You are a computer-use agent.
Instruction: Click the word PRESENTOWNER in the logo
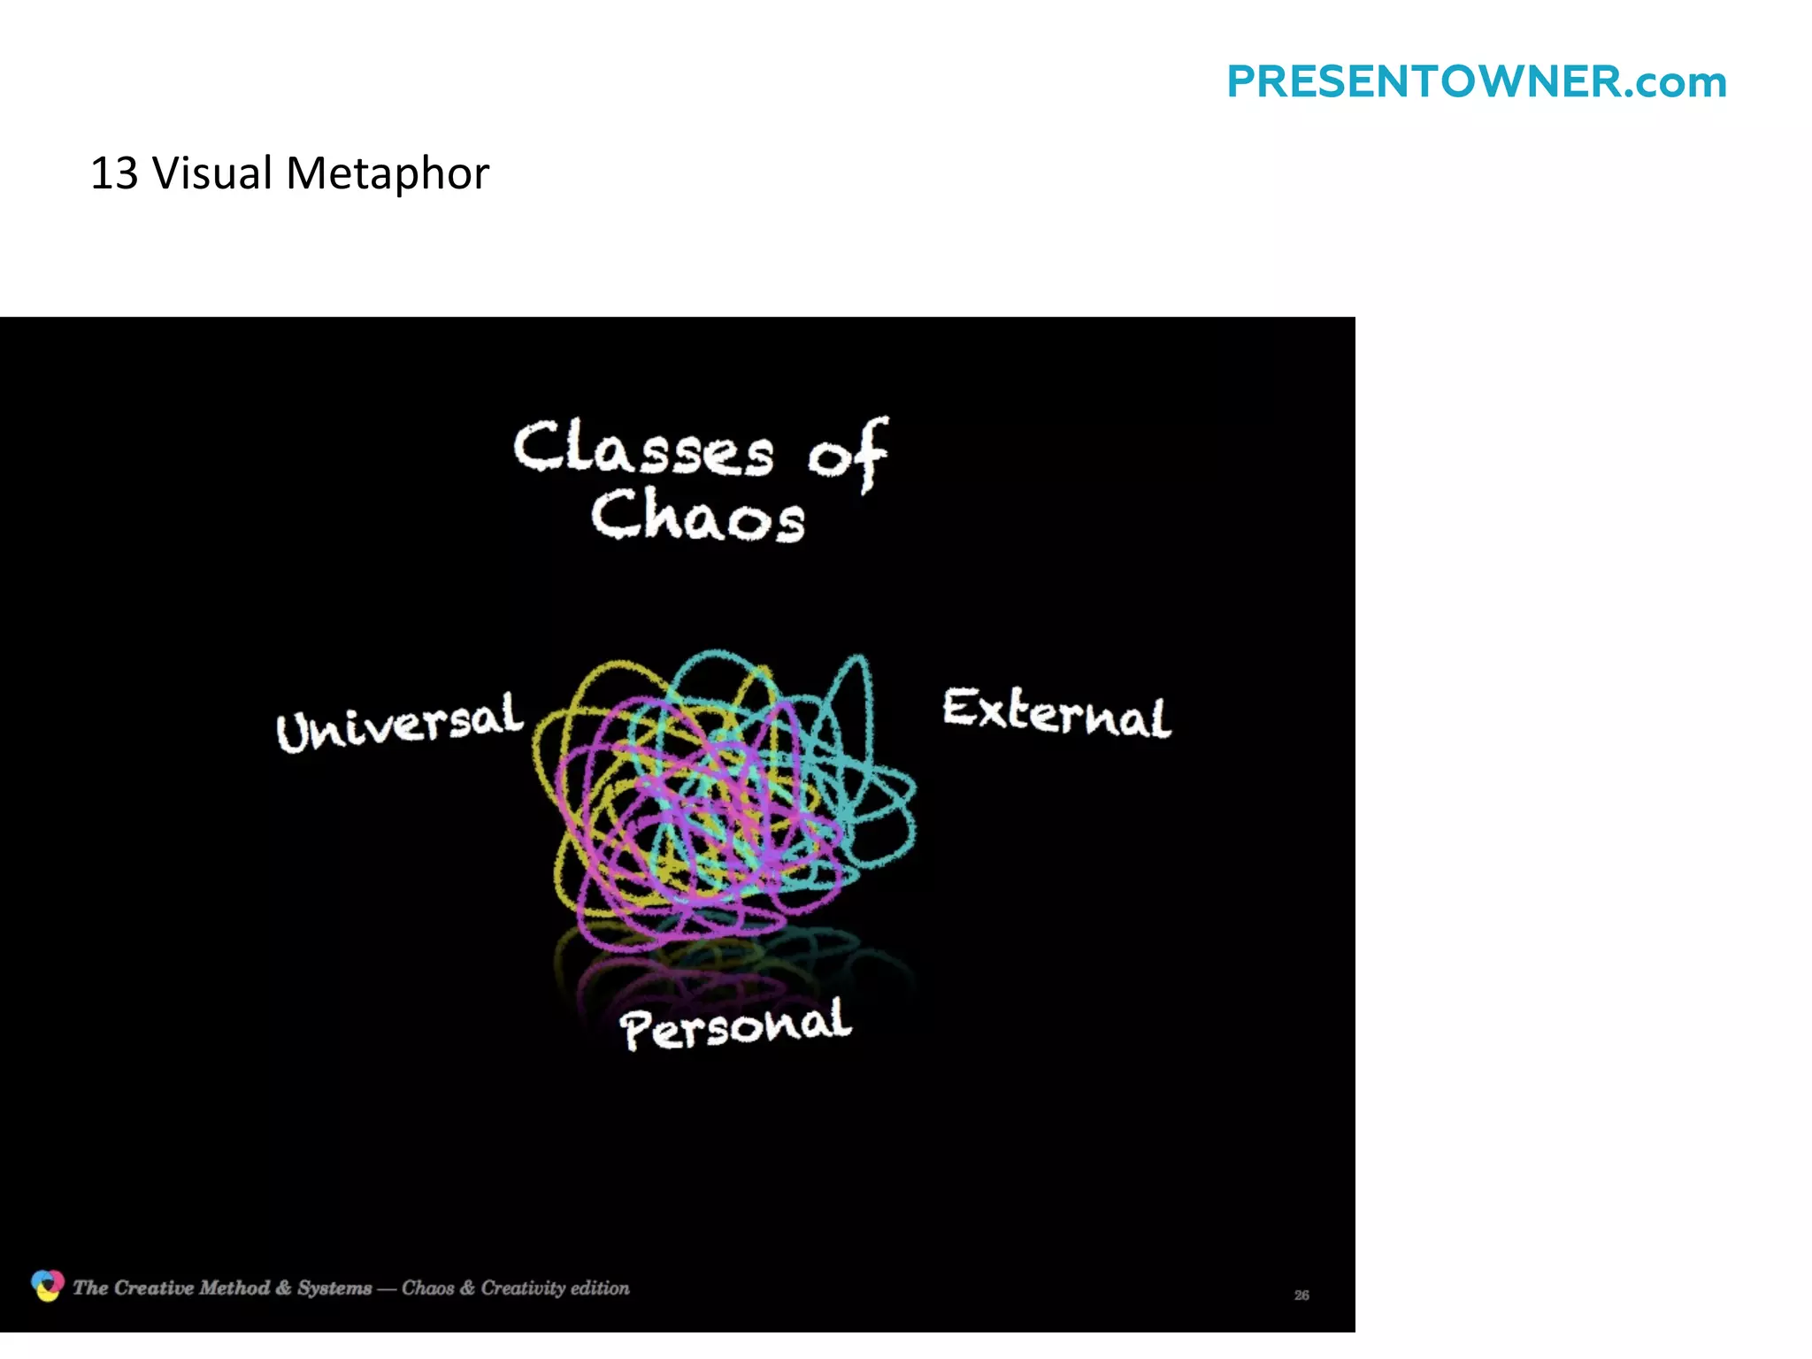1424,82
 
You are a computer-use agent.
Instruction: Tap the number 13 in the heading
114,173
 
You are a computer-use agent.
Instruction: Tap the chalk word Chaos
698,517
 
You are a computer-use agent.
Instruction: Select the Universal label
400,723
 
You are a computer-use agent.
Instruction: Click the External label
1056,713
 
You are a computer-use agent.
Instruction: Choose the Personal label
735,1026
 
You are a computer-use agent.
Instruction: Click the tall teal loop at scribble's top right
855,699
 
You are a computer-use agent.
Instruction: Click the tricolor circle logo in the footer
47,1286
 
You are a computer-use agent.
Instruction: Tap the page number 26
1301,1295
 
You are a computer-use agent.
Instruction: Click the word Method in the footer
234,1288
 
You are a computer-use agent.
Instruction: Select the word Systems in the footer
334,1288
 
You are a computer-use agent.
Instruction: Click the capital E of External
959,708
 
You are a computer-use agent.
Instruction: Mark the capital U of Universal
294,733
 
